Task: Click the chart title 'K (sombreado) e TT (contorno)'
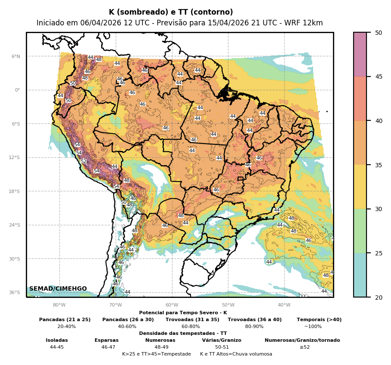point(171,12)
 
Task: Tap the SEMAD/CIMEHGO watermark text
point(58,288)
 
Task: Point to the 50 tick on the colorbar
point(379,33)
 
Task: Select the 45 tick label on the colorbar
point(379,77)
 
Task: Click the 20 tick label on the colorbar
point(379,297)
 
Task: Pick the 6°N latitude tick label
point(15,56)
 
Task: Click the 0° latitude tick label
point(18,90)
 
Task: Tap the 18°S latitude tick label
point(15,191)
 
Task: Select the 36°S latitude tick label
point(15,292)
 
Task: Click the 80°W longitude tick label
point(59,305)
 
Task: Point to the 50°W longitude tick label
point(228,305)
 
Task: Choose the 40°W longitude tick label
point(284,305)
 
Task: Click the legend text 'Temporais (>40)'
point(319,319)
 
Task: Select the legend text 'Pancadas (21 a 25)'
point(65,319)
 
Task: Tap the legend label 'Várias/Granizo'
point(222,340)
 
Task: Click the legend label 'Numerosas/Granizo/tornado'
point(302,340)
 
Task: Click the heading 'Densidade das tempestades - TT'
point(183,333)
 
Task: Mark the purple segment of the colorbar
point(360,54)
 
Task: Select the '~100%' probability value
point(313,326)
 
